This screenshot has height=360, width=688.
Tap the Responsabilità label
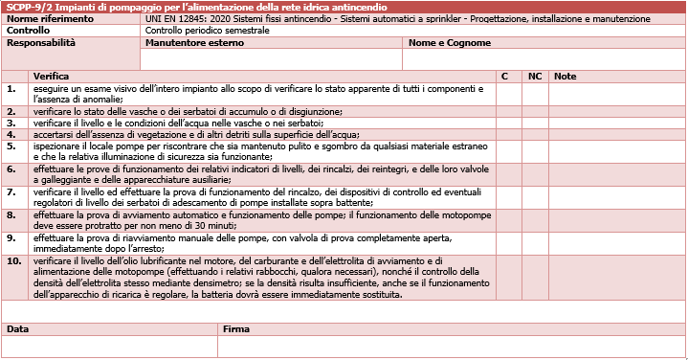(41, 43)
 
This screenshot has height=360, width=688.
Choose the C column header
(505, 76)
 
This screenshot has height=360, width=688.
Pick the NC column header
(535, 76)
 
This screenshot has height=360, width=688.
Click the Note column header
(566, 76)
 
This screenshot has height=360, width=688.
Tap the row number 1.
(11, 88)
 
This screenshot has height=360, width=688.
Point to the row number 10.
(13, 260)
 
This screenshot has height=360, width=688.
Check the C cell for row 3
(508, 123)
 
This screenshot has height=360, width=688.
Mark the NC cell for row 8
(536, 220)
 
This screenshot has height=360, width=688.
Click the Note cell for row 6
(618, 174)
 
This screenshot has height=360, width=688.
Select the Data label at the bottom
(18, 328)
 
